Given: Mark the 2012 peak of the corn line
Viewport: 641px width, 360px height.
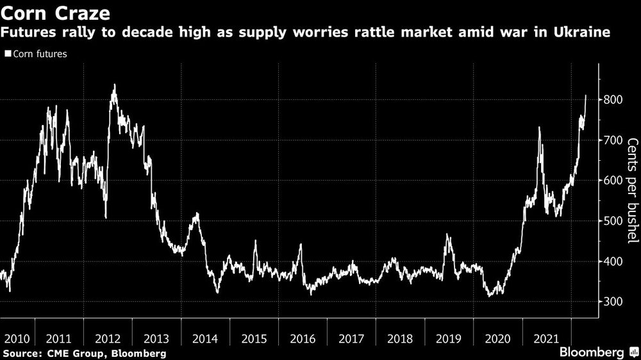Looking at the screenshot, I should [114, 85].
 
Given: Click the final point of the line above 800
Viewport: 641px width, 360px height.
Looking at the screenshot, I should [585, 95].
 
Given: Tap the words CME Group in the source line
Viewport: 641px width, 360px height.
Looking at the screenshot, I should [70, 353].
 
